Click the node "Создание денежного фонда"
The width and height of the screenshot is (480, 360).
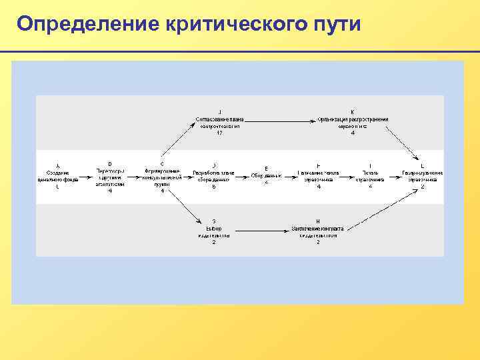click(x=57, y=175)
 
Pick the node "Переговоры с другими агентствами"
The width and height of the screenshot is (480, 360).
click(x=110, y=176)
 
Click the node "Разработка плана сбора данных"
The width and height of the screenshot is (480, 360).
click(x=213, y=175)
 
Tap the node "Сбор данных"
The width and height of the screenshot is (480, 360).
click(x=266, y=175)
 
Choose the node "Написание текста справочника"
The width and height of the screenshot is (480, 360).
click(x=319, y=175)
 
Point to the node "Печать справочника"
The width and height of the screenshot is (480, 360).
click(x=370, y=175)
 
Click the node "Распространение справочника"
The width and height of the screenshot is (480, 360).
click(x=422, y=175)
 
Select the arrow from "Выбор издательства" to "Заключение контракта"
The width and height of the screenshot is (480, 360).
click(x=260, y=229)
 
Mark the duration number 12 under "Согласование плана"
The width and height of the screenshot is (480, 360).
click(x=220, y=133)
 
